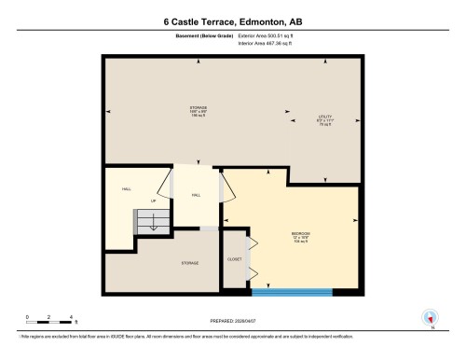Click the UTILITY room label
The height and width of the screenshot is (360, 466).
(x=325, y=120)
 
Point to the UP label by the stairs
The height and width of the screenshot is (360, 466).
(x=154, y=201)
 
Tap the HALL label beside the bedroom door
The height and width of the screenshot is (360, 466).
(x=196, y=195)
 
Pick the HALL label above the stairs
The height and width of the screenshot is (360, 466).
(x=126, y=188)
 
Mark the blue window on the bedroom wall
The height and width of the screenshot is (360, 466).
(x=292, y=291)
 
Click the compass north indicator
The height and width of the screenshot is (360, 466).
(x=431, y=318)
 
